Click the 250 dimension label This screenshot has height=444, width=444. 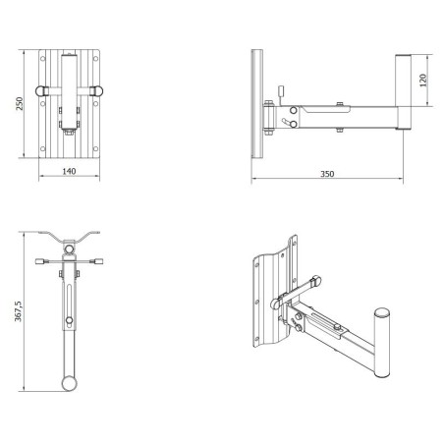(x=20, y=103)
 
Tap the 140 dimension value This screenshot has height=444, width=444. (x=69, y=171)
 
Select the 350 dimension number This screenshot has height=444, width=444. (x=327, y=174)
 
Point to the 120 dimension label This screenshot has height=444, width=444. (x=423, y=81)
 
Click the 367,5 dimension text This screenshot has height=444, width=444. (x=19, y=311)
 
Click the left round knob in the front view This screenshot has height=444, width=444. (x=40, y=90)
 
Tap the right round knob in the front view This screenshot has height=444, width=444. (x=97, y=90)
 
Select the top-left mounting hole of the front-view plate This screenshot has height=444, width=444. (x=42, y=59)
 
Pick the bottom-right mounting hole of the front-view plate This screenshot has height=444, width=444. (x=95, y=148)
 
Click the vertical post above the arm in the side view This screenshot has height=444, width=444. (x=403, y=81)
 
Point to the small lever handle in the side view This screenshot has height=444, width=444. (x=281, y=91)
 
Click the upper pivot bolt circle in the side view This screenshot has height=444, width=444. (x=294, y=110)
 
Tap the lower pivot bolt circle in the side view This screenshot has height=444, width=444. (x=294, y=124)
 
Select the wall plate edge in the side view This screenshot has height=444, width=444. (x=257, y=104)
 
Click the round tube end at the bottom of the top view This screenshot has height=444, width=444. (x=70, y=383)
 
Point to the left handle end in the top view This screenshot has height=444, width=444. (x=39, y=261)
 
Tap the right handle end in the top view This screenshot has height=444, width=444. (x=98, y=261)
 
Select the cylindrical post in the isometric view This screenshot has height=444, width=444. (x=382, y=343)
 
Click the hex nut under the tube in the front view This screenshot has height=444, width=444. (x=69, y=133)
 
